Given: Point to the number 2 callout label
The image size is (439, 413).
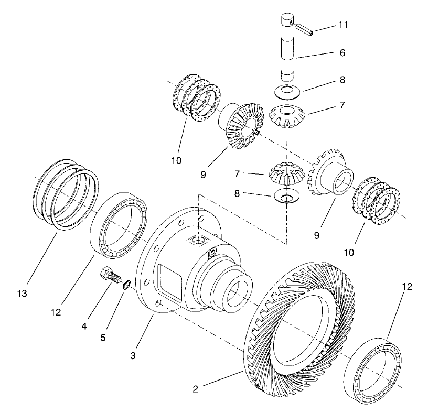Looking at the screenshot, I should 195,389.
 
